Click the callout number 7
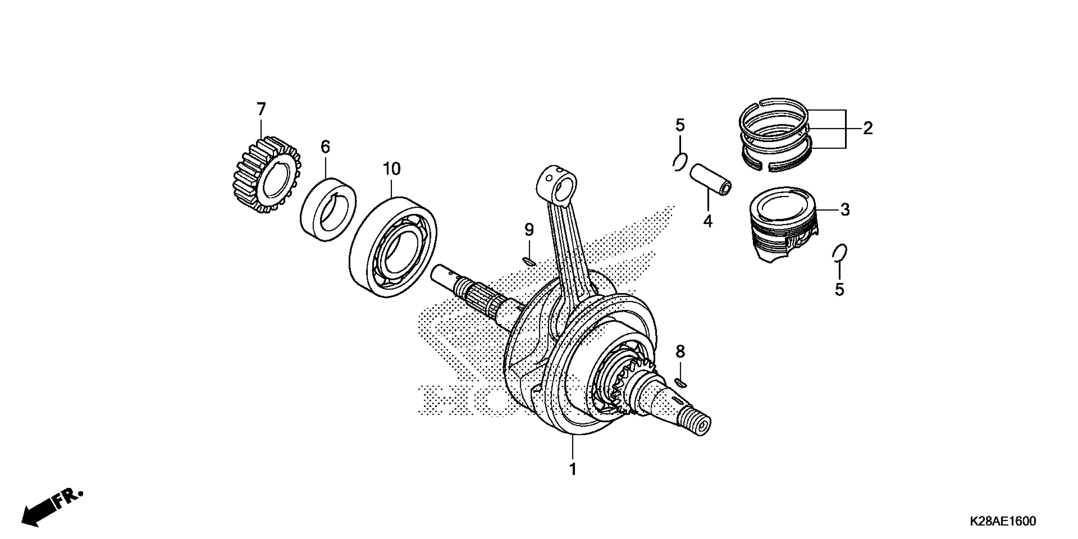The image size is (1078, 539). point(261,110)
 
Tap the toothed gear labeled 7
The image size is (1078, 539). point(266,175)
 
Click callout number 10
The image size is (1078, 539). point(392,169)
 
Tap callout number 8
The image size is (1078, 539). point(680,352)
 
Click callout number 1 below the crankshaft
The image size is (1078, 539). point(573,470)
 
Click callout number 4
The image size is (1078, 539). point(708,221)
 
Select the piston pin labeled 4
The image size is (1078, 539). point(710,179)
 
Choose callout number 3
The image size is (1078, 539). point(845,210)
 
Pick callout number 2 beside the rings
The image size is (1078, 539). point(868,128)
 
